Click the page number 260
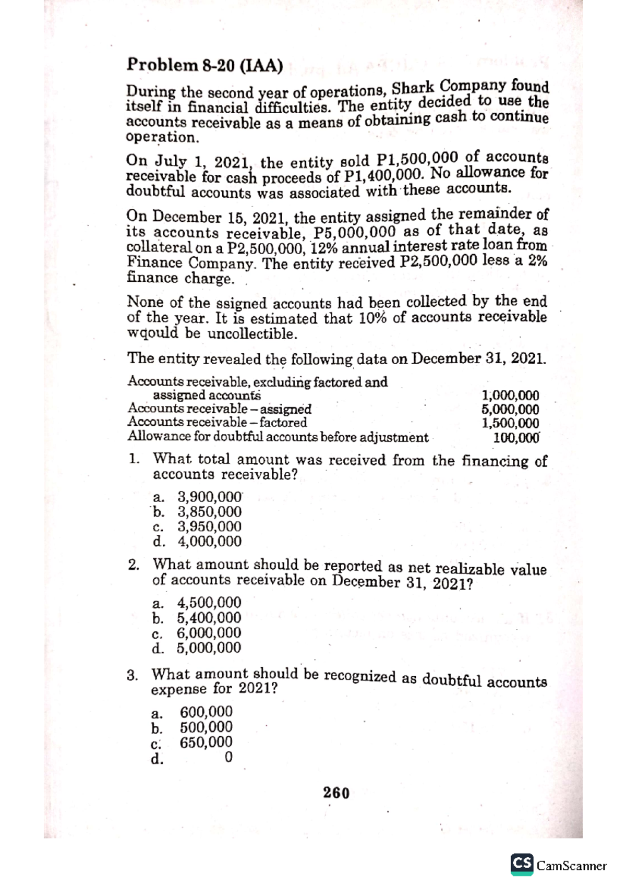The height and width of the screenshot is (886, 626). (336, 793)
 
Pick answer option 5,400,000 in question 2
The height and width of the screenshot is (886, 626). (209, 618)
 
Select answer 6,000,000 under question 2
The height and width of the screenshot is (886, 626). (209, 633)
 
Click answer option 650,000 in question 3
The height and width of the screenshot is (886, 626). (206, 743)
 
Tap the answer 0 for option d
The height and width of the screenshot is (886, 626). (227, 758)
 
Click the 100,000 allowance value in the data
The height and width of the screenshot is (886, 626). (516, 437)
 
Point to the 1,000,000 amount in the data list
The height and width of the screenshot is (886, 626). (511, 396)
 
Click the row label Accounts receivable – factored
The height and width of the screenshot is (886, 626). (218, 422)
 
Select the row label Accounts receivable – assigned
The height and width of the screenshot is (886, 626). (220, 409)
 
